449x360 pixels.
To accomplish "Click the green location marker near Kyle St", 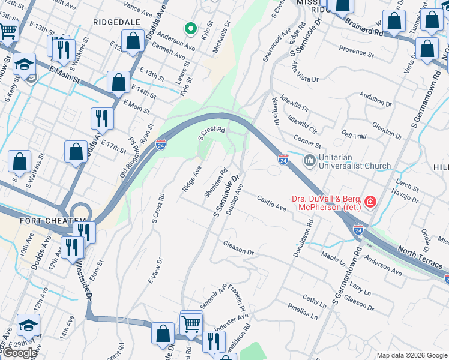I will [x=190, y=28].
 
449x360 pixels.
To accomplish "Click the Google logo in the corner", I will [x=20, y=352].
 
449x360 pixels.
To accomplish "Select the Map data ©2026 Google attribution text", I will [x=411, y=355].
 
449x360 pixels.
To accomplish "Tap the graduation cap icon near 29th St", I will [x=28, y=325].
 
